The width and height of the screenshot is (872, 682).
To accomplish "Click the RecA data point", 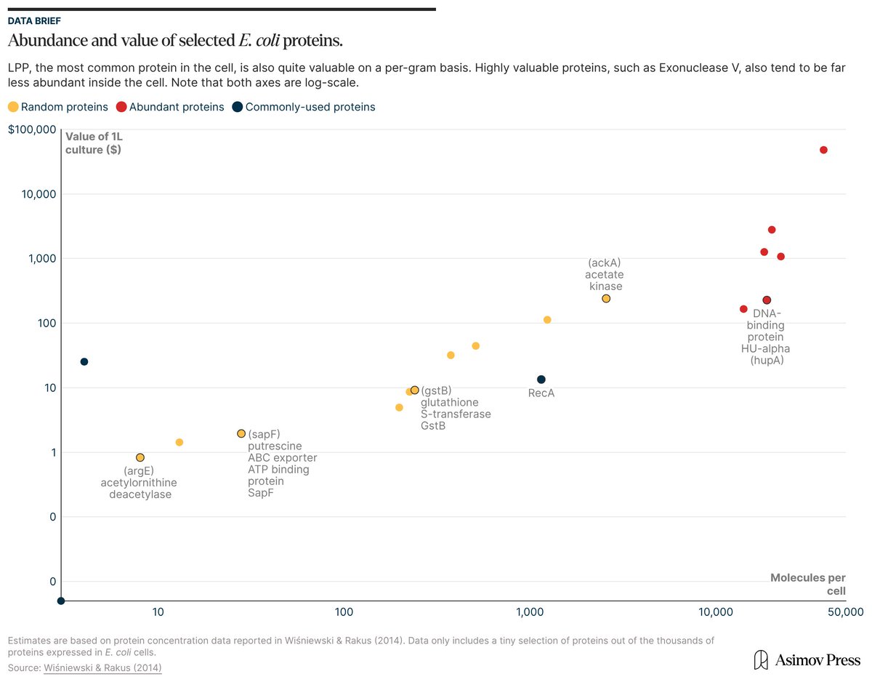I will click(541, 380).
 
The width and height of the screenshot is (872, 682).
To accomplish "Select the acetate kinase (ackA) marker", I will click(606, 299).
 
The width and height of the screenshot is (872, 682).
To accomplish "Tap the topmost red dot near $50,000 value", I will click(823, 150).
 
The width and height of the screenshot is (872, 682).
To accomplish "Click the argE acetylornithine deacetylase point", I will click(140, 457).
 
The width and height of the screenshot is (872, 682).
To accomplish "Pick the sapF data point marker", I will click(241, 433).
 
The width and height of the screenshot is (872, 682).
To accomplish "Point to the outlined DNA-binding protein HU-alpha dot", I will click(767, 300).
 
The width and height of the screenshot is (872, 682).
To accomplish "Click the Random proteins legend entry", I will click(57, 107).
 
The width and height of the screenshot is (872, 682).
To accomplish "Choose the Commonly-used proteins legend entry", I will click(303, 107).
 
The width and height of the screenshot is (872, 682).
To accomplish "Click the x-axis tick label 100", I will click(344, 614).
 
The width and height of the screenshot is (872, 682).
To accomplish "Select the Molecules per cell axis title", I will click(808, 583).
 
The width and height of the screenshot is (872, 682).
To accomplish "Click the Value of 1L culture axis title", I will click(93, 143).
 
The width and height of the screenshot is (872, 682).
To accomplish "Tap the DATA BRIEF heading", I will click(34, 21).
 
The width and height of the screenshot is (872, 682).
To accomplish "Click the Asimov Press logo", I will click(807, 659).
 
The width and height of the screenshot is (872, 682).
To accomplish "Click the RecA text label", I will click(541, 393).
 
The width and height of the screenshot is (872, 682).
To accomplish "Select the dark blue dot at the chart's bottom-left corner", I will click(61, 601).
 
